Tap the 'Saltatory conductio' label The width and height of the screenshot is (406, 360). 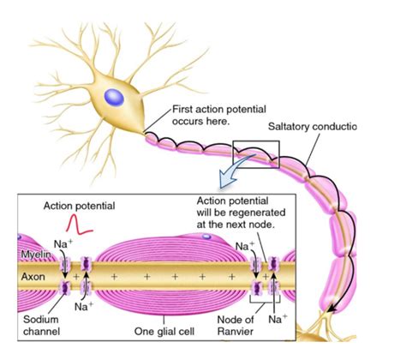(312, 127)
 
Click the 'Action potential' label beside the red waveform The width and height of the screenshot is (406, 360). (79, 207)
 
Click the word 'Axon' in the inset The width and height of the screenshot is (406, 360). (32, 277)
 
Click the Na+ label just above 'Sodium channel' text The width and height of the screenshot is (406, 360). (83, 305)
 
